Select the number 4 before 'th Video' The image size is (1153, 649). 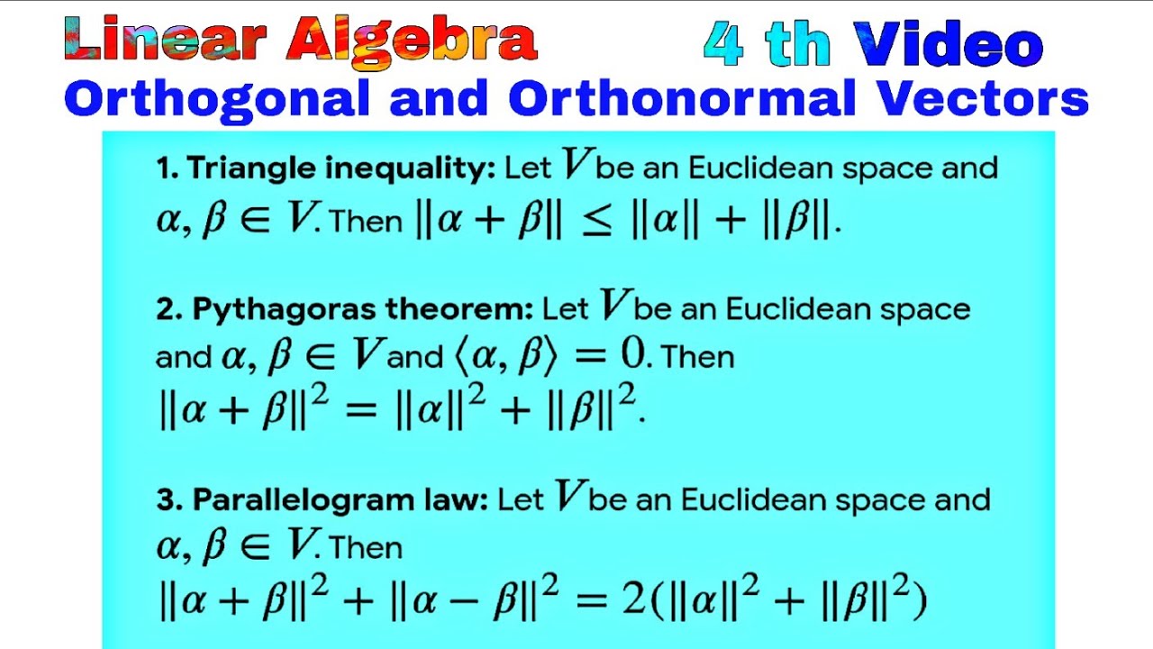coord(724,44)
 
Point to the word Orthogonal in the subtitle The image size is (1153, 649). coord(216,99)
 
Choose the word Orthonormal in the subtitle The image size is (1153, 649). coord(681,99)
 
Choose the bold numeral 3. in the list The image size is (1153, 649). coord(168,500)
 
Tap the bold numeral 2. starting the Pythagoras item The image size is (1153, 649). coord(168,309)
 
